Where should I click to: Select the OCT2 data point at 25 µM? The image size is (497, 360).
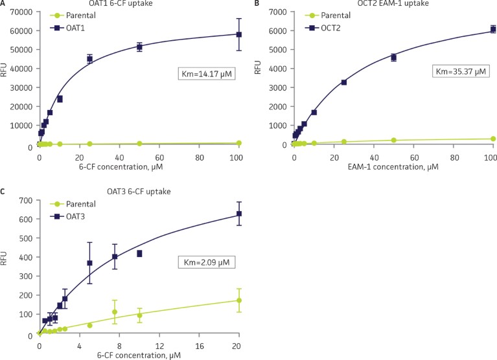pyautogui.click(x=343, y=82)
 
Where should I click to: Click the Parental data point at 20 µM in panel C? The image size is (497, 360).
pyautogui.click(x=238, y=300)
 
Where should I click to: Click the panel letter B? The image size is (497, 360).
pyautogui.click(x=258, y=5)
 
